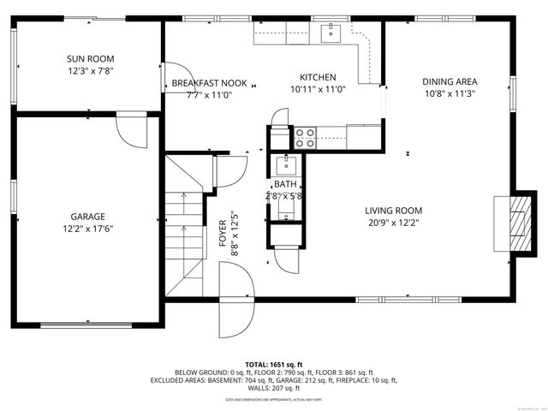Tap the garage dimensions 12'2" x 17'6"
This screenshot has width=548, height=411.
click(88, 229)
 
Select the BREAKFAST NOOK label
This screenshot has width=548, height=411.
click(209, 83)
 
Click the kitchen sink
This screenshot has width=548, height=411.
click(330, 33)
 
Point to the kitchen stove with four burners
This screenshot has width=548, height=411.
click(305, 134)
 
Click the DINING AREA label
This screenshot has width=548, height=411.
click(449, 82)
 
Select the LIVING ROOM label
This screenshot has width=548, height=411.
click(393, 211)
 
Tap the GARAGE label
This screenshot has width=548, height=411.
click(88, 217)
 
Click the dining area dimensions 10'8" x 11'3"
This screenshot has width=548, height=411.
click(449, 94)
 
